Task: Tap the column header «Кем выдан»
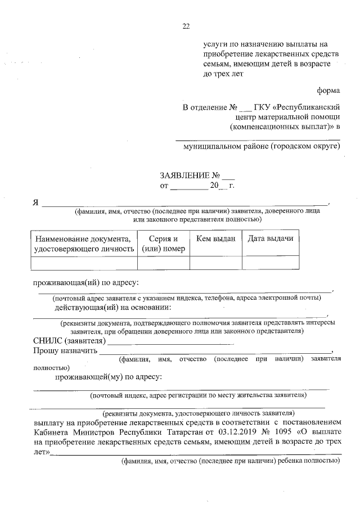click(216, 239)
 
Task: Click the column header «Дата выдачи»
click(271, 239)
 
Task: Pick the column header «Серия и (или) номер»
click(164, 244)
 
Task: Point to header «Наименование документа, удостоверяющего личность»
click(84, 244)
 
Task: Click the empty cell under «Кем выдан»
click(216, 263)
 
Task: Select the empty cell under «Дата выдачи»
click(271, 263)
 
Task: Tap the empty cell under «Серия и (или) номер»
click(164, 263)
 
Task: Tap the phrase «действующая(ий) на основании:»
click(113, 308)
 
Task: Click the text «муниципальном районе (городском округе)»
click(262, 146)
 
